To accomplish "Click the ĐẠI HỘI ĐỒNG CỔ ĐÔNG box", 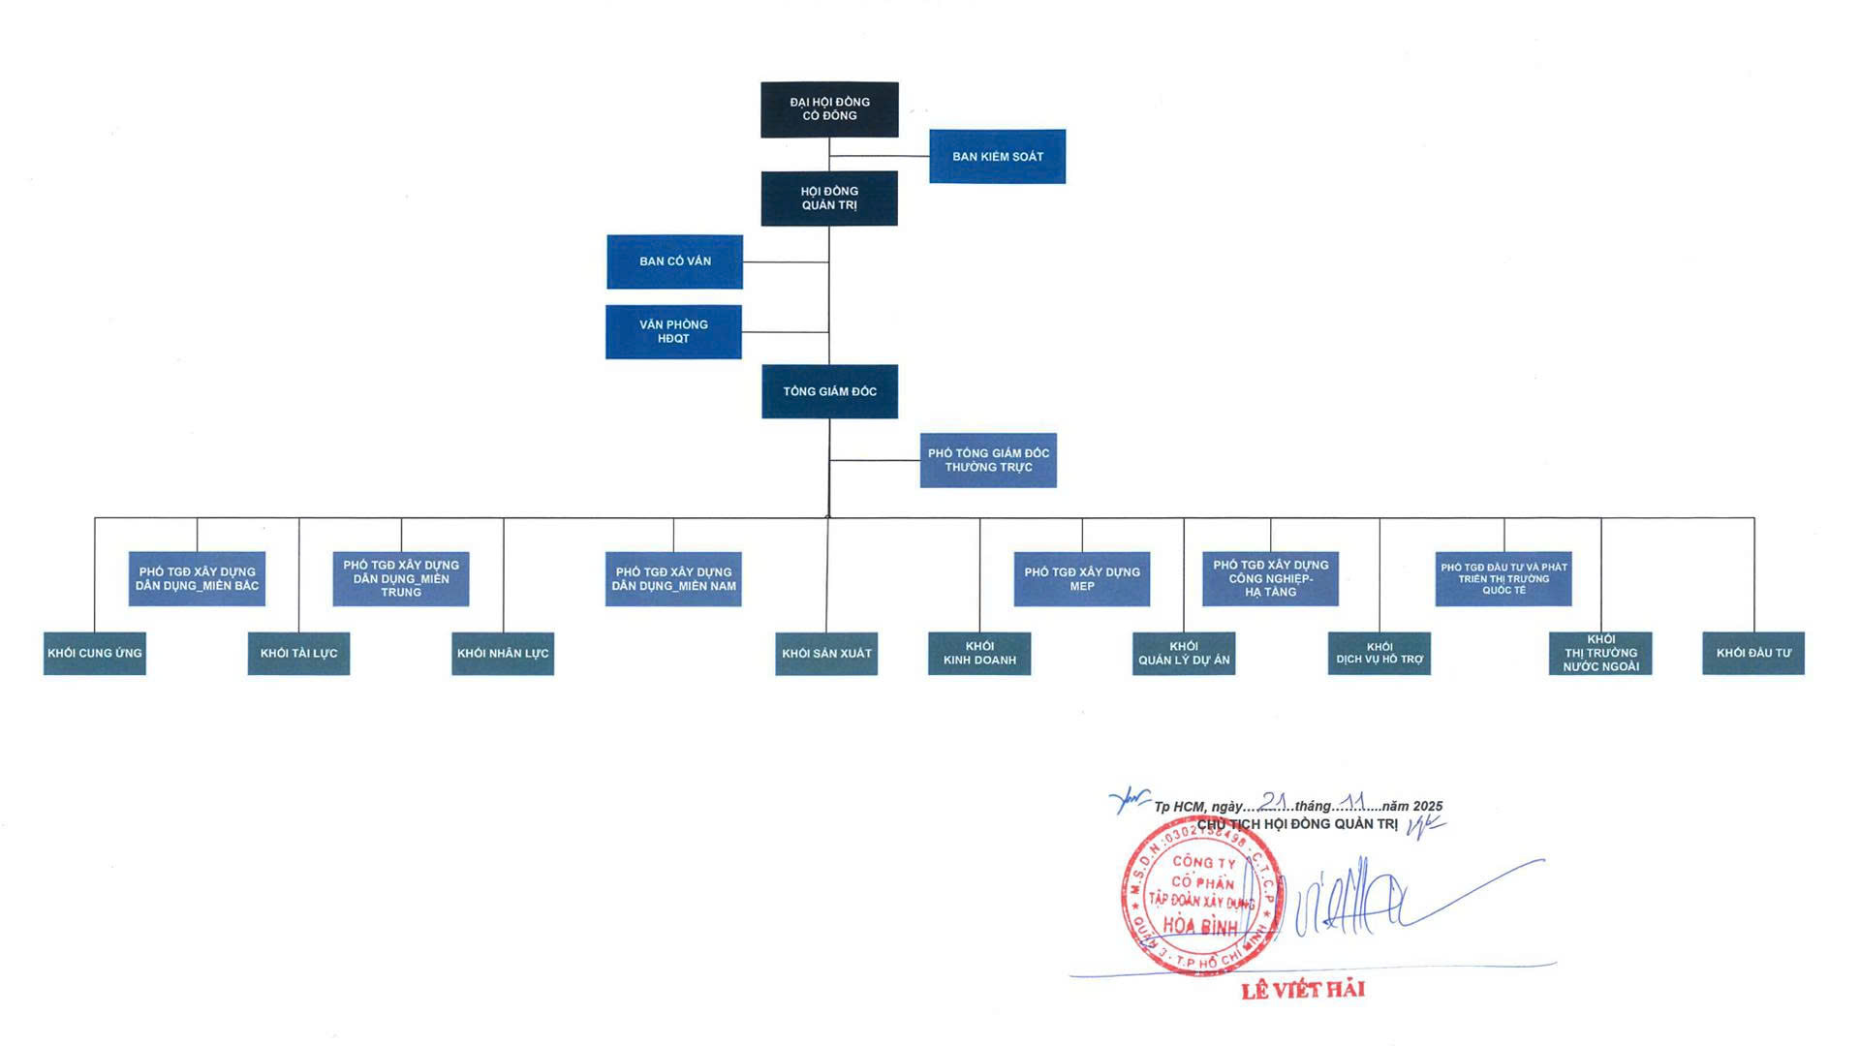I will [829, 109].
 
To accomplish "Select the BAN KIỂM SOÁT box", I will [997, 156].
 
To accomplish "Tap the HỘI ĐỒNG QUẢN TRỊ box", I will [829, 199].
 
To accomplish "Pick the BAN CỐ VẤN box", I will [674, 261].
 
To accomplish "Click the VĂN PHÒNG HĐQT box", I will [673, 332].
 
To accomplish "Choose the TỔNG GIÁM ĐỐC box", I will [829, 391].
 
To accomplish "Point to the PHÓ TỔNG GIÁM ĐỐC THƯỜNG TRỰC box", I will [988, 460].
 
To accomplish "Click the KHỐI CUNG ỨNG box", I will [95, 654].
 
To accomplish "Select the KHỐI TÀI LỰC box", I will [298, 654].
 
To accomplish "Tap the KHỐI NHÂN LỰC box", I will [503, 654].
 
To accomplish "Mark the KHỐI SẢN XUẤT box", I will [826, 654].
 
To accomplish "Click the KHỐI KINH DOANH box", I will [979, 654].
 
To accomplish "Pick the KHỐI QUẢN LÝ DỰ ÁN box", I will [1184, 654].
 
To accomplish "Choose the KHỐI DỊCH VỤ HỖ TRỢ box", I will [1379, 654].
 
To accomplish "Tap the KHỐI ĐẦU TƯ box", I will [1753, 654].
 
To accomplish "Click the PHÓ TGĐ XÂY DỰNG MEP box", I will [1082, 579].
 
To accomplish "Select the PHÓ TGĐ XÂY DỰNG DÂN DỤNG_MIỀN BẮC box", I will [197, 579].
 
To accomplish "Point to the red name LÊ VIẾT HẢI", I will [1303, 990].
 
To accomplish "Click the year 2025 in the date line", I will [1427, 806].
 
